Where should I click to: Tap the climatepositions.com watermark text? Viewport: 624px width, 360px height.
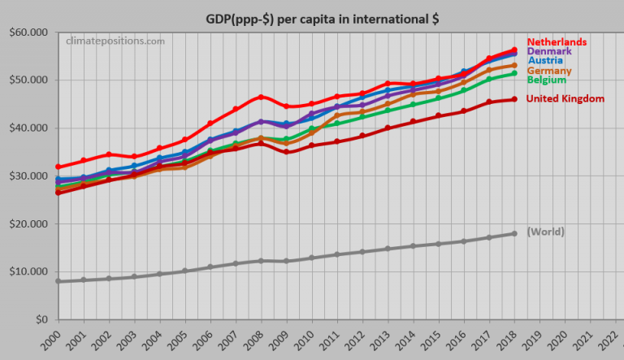coord(115,41)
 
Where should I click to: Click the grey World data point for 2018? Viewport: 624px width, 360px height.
coord(513,234)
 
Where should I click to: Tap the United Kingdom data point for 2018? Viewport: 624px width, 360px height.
coord(513,99)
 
